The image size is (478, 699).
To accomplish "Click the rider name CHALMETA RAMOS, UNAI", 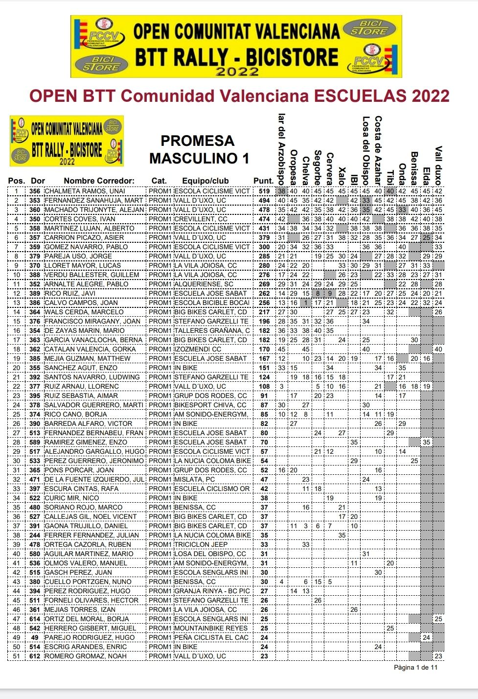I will [85, 191].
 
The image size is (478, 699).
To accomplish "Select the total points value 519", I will [264, 191].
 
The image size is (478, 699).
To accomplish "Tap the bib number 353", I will [35, 201].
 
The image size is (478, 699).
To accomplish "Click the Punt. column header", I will [263, 181].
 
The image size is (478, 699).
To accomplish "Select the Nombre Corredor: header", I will [99, 181].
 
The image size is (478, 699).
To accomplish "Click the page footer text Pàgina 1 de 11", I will [416, 667].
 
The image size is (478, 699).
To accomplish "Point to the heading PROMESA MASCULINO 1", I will [198, 149].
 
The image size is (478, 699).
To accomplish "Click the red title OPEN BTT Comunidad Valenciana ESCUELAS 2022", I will [239, 96].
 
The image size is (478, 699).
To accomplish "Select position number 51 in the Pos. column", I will [17, 656].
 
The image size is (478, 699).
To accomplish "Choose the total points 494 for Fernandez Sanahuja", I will [264, 201].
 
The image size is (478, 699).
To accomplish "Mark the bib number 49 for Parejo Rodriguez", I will [35, 638].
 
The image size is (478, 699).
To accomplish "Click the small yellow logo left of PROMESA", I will [67, 141].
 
